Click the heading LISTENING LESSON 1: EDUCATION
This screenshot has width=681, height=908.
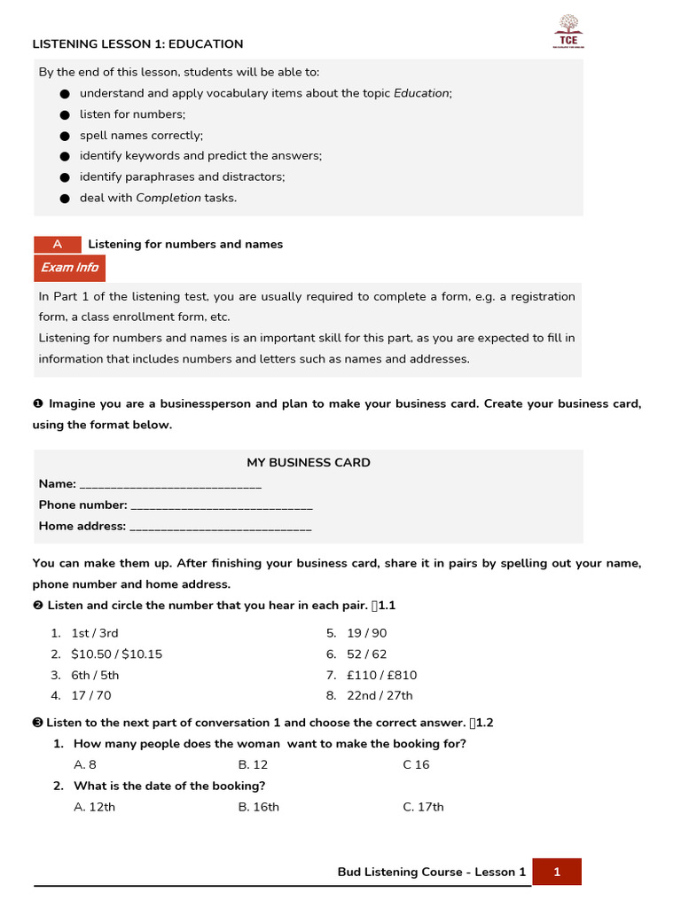[x=137, y=44]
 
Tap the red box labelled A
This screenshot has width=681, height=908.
[x=58, y=244]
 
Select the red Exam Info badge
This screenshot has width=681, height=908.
[x=70, y=267]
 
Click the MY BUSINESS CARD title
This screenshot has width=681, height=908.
[x=309, y=462]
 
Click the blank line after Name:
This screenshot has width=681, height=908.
[x=170, y=484]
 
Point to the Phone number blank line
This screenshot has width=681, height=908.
[x=221, y=505]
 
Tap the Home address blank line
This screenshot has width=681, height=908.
[x=221, y=527]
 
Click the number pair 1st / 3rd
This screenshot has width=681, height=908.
[x=95, y=633]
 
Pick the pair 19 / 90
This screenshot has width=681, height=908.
[x=367, y=633]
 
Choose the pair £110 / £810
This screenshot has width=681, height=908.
[x=381, y=675]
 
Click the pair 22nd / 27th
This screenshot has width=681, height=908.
[x=380, y=696]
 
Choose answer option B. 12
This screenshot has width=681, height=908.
[x=253, y=764]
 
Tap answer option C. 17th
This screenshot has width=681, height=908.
[x=423, y=807]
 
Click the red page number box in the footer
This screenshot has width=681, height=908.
[x=557, y=872]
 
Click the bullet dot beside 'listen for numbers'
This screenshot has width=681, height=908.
[x=64, y=114]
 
